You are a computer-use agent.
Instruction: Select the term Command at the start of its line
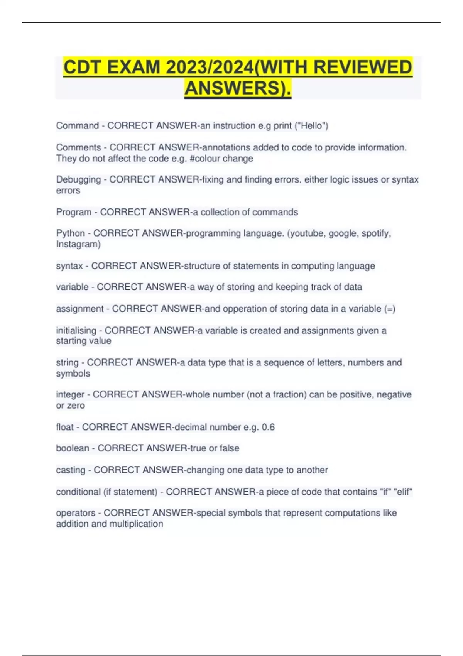tap(78, 126)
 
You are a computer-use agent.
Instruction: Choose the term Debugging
tap(78, 179)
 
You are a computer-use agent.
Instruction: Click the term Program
tap(74, 212)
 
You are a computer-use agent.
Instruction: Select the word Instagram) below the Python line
tap(78, 244)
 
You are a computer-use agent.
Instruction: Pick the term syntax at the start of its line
tap(69, 266)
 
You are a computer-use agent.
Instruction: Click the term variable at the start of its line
tap(72, 287)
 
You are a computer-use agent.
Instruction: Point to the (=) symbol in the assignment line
tap(390, 309)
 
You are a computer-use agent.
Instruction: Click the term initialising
tap(76, 330)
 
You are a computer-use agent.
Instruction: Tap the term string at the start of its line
tap(67, 363)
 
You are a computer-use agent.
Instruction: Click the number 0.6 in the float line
tap(268, 427)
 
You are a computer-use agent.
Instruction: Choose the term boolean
tap(73, 448)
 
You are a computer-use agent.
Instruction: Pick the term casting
tap(71, 470)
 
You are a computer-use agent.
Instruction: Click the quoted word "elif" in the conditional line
tap(403, 492)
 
